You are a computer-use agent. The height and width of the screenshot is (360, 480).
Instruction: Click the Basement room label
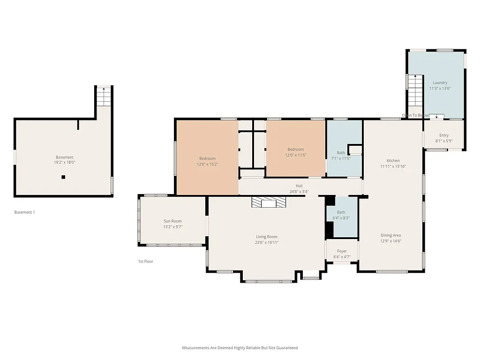pyautogui.click(x=65, y=157)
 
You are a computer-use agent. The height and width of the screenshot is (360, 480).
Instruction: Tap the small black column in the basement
pyautogui.click(x=63, y=177)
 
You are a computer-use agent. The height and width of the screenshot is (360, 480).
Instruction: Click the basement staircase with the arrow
pyautogui.click(x=104, y=97)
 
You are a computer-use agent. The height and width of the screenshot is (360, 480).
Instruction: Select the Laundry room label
pyautogui.click(x=440, y=83)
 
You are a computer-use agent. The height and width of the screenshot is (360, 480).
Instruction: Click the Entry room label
pyautogui.click(x=443, y=135)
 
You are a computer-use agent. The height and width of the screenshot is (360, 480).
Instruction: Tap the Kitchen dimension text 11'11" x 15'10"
pyautogui.click(x=393, y=166)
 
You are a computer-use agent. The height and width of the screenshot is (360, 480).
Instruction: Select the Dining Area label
pyautogui.click(x=390, y=235)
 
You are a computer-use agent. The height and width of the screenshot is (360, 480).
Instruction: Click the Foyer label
pyautogui.click(x=342, y=251)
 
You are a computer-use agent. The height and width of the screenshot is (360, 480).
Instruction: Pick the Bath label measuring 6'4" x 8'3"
pyautogui.click(x=341, y=212)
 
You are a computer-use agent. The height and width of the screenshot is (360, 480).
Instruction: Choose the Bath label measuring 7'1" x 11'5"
pyautogui.click(x=341, y=153)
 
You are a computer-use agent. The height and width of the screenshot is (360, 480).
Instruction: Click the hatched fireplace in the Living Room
pyautogui.click(x=269, y=202)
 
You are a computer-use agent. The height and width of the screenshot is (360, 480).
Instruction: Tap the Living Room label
pyautogui.click(x=266, y=237)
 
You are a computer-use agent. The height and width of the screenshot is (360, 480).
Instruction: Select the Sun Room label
pyautogui.click(x=172, y=221)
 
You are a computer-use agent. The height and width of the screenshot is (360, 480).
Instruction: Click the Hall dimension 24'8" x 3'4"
pyautogui.click(x=299, y=191)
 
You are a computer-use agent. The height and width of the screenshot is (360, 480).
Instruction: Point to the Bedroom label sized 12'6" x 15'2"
pyautogui.click(x=207, y=158)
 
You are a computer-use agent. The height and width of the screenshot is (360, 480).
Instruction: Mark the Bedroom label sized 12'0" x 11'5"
pyautogui.click(x=295, y=150)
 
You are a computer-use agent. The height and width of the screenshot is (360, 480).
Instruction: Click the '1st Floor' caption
pyautogui.click(x=145, y=262)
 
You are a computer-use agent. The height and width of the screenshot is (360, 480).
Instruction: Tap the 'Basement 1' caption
pyautogui.click(x=24, y=212)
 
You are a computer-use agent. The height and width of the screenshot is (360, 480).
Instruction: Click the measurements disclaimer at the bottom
pyautogui.click(x=240, y=348)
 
